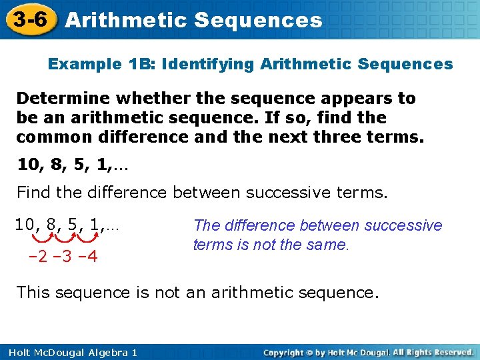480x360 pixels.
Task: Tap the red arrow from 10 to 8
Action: pos(43,237)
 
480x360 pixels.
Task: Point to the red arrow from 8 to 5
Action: pos(69,237)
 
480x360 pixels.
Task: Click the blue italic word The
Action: pos(206,225)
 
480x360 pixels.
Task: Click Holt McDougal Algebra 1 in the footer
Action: pos(69,352)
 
